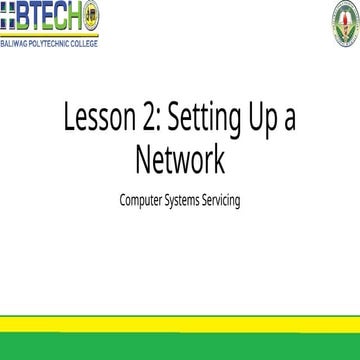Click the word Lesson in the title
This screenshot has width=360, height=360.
point(98,122)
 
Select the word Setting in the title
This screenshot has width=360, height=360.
point(206,124)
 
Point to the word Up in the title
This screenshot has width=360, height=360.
point(265,124)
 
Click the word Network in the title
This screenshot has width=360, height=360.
point(180,159)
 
